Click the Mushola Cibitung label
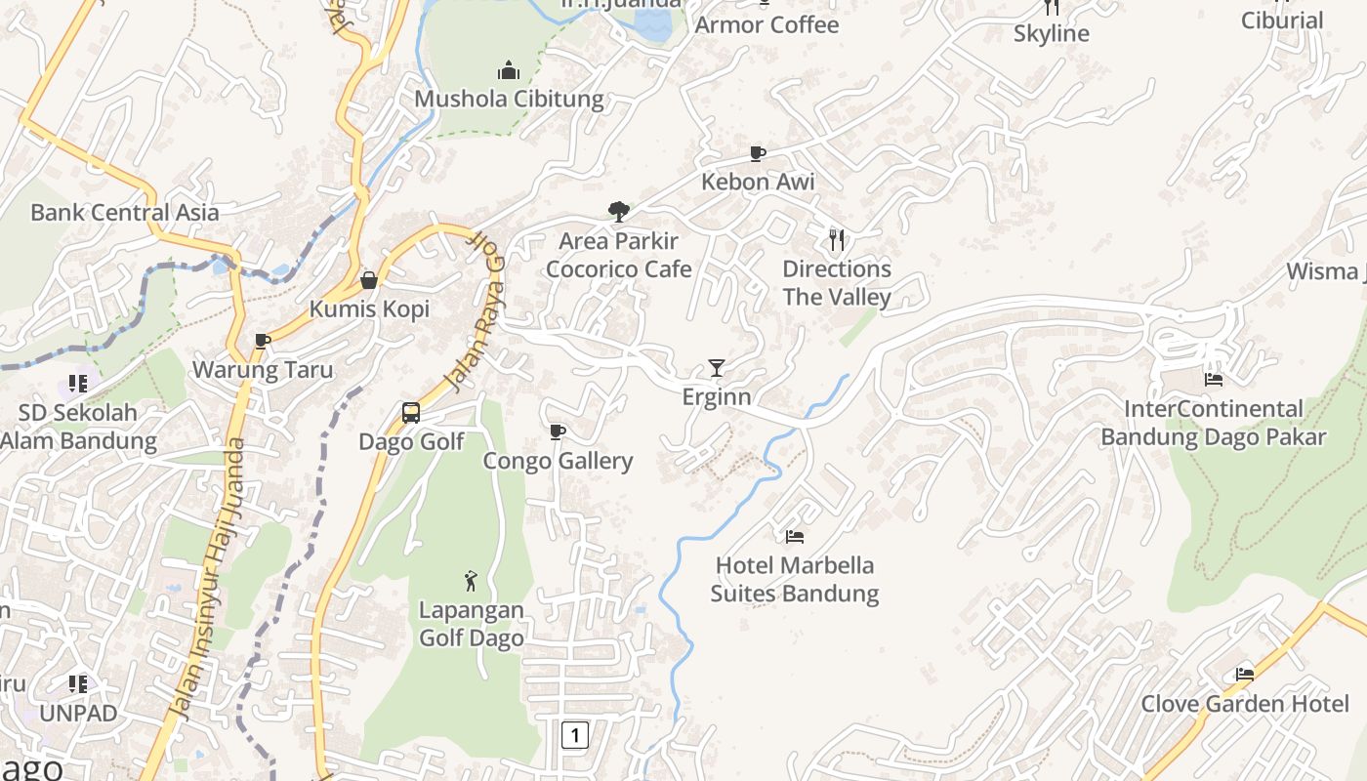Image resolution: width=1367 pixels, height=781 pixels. click(509, 99)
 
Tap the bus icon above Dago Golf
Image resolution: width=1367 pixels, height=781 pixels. click(411, 413)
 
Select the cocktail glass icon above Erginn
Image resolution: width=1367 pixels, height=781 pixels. click(717, 368)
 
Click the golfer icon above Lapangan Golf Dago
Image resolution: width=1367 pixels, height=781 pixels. click(472, 581)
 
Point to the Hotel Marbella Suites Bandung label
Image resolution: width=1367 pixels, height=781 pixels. click(795, 579)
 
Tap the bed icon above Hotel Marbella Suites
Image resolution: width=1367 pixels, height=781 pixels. click(795, 536)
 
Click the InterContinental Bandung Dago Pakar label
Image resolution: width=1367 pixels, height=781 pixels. click(1214, 423)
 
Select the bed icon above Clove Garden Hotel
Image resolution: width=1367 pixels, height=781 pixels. click(1245, 674)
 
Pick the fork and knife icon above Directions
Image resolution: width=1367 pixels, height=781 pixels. click(837, 240)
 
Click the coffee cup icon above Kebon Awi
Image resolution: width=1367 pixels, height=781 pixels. click(757, 153)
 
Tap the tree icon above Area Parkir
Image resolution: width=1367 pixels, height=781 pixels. click(618, 211)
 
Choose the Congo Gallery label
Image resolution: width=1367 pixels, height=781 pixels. click(559, 461)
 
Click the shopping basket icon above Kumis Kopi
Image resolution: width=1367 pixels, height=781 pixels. click(369, 280)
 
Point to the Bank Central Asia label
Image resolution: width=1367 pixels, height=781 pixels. click(125, 212)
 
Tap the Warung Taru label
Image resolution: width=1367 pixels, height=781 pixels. click(263, 370)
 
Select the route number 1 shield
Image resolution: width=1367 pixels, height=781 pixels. click(575, 734)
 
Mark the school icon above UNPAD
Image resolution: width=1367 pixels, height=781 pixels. click(78, 683)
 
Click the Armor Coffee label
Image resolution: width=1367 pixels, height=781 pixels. click(766, 24)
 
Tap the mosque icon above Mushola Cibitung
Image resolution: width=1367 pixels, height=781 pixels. click(509, 70)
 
